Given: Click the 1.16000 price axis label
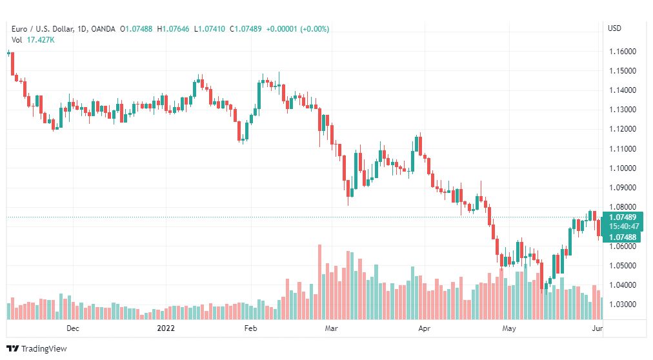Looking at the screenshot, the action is coord(623,52).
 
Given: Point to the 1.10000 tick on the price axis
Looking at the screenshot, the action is coord(623,168).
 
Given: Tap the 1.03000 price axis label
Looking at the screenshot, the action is coord(623,305).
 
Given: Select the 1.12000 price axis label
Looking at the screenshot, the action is coord(623,130).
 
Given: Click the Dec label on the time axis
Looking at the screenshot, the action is coord(73,328).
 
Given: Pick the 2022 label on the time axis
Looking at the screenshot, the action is coord(166,328).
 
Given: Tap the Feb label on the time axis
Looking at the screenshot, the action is coord(251,328).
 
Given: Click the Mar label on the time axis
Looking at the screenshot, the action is coord(331,328).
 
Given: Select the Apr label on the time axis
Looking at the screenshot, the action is coord(424,328).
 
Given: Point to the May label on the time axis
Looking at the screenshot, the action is coord(509,328).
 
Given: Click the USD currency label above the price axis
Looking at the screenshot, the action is coord(614,28).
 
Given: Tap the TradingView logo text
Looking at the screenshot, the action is coord(44,349).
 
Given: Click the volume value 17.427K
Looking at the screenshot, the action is coord(41,40).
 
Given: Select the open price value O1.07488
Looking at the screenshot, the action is coord(136,29).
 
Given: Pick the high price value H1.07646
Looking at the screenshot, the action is coord(173,29).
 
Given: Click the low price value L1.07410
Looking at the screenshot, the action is coord(210,29).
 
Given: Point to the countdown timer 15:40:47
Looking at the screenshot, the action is coord(624,227).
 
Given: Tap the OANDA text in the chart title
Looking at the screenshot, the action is coord(103,29).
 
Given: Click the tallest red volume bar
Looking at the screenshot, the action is coord(320,282).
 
